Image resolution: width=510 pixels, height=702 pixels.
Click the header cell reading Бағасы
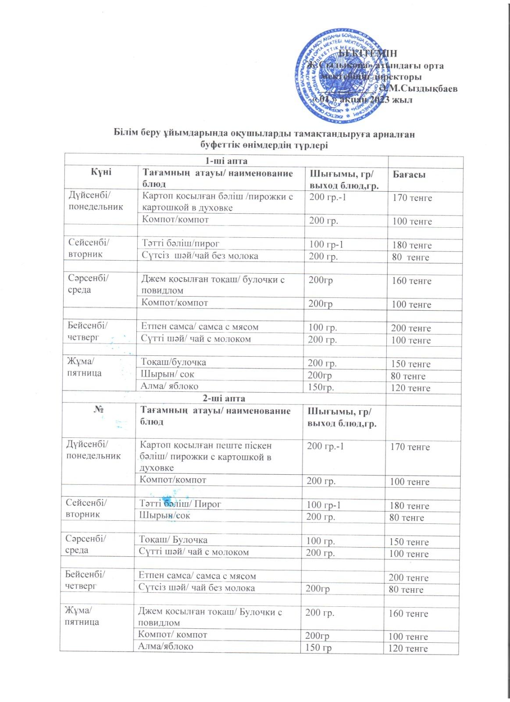click(409, 175)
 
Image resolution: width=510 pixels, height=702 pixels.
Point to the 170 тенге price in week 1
click(412, 198)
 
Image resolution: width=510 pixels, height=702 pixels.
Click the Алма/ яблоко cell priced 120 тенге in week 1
click(169, 386)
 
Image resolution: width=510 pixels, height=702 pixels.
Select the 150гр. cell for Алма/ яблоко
click(324, 387)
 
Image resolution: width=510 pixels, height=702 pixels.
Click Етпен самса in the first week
click(199, 326)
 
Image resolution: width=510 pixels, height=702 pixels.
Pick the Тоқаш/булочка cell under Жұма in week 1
click(173, 362)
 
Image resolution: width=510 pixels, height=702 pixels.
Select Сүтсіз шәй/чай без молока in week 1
click(200, 256)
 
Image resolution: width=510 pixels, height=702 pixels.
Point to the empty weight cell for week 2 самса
click(342, 576)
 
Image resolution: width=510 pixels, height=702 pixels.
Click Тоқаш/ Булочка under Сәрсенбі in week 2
click(173, 540)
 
